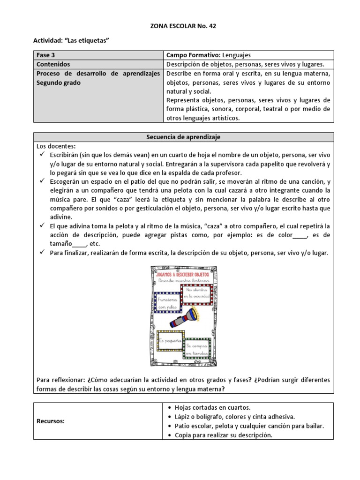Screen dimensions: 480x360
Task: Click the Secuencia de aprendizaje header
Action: (183, 137)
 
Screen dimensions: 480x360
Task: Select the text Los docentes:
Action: (55, 146)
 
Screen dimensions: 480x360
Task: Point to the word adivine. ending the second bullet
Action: (61, 217)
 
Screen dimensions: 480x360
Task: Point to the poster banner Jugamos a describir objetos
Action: (183, 272)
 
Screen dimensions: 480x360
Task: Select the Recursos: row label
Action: (51, 421)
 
